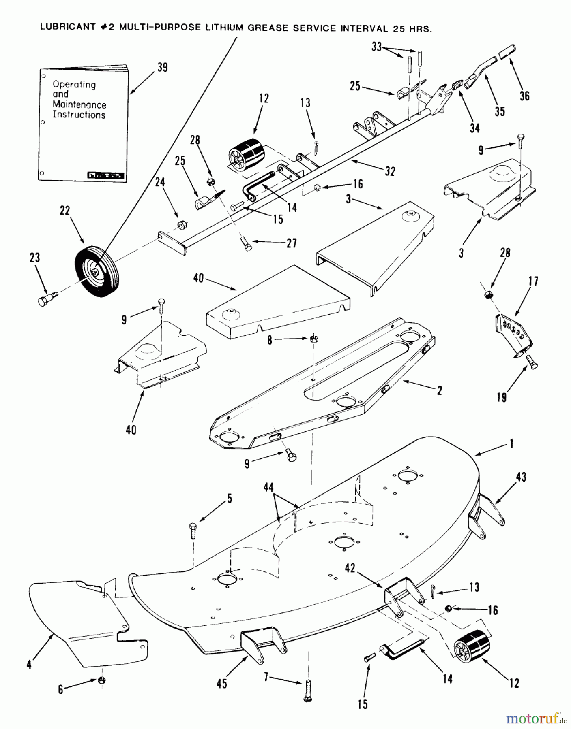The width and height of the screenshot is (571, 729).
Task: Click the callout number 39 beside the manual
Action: point(162,67)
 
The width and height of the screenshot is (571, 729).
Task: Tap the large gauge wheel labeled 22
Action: point(95,273)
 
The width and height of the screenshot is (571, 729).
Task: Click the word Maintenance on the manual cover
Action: point(79,104)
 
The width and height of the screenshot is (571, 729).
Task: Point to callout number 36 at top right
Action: point(524,96)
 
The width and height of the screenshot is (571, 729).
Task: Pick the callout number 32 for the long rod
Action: point(390,171)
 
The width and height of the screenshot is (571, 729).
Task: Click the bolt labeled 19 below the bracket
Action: point(531,361)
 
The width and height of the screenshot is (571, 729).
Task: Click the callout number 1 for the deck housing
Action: point(512,444)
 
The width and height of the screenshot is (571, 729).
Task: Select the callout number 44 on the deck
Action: point(268,488)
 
